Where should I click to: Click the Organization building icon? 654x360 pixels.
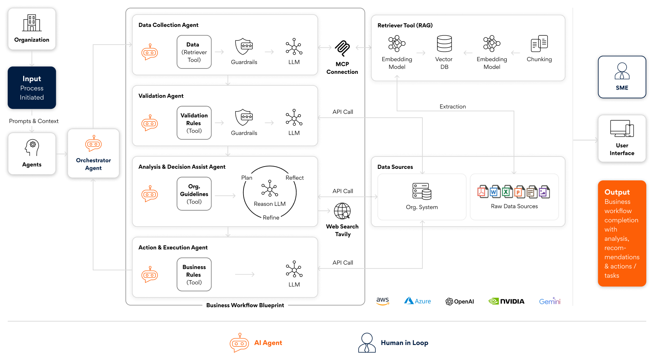pos(32,23)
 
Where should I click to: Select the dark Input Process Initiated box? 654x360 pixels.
pos(32,88)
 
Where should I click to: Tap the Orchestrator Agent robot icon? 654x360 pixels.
pos(93,143)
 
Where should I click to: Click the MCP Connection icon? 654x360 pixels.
pos(342,48)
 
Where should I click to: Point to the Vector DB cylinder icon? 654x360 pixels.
pos(444,44)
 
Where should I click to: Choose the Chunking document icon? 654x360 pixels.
pos(539,43)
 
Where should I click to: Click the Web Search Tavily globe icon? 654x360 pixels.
pos(342,211)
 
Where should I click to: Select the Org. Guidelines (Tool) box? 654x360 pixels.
pos(194,194)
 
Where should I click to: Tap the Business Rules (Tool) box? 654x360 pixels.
pos(194,275)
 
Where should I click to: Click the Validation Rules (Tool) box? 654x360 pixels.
pos(194,123)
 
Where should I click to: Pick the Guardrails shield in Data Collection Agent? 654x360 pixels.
pos(244,47)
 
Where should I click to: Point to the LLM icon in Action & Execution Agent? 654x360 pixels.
pos(294,269)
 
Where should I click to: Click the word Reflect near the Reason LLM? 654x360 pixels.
pos(294,178)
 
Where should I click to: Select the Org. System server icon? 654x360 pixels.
pos(422,191)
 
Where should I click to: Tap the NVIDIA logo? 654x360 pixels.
pos(506,301)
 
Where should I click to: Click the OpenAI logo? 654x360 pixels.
pos(460,302)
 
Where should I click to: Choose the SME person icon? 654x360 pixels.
pos(622,71)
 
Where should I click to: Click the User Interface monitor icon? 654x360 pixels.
pos(622,129)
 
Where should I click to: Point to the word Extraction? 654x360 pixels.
pos(452,107)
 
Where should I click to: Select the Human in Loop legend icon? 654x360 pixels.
pos(367,343)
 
